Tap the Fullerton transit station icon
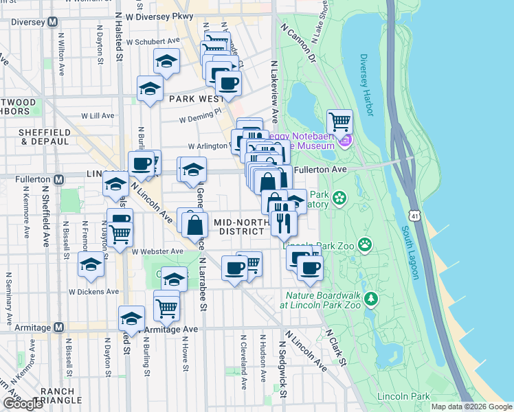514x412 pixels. pyautogui.click(x=59, y=179)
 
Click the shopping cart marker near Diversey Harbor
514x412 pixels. pyautogui.click(x=339, y=123)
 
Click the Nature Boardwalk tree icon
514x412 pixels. pyautogui.click(x=371, y=298)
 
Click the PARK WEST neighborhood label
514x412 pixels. pyautogui.click(x=194, y=99)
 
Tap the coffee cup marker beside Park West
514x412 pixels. pyautogui.click(x=228, y=84)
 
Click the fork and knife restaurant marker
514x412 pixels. pyautogui.click(x=284, y=222)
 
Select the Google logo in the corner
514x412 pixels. pyautogui.click(x=23, y=404)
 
